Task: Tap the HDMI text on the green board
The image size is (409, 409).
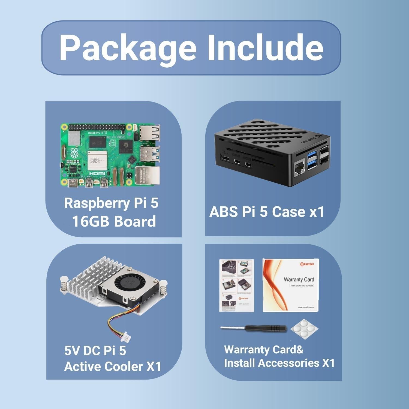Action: (x=97, y=173)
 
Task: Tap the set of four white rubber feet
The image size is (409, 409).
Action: (x=304, y=328)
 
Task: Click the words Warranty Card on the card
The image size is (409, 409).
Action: (x=299, y=279)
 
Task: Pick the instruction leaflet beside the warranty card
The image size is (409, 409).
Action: (x=237, y=285)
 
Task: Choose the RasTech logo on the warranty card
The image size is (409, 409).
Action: (x=307, y=264)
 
